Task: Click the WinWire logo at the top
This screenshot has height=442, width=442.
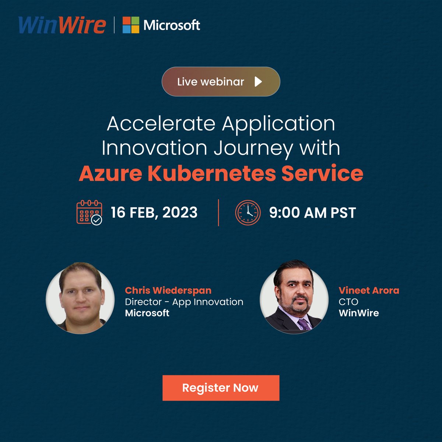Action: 62,25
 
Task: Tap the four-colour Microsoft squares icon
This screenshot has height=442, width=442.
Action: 131,25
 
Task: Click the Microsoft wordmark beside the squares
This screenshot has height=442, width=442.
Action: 172,25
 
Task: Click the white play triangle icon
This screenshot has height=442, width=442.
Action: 258,81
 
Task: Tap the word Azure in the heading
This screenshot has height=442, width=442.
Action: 110,173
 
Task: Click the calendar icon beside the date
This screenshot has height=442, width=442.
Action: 89,213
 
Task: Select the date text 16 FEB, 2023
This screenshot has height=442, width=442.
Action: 154,213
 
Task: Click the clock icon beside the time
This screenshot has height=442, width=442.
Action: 248,213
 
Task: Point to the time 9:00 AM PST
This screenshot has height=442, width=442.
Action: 312,213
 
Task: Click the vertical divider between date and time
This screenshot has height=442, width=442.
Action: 218,213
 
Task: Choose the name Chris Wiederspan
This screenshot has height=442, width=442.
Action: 168,290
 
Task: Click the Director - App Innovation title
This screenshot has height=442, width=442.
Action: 184,302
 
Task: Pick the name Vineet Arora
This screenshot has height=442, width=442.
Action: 369,290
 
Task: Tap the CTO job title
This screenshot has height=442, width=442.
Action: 348,302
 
